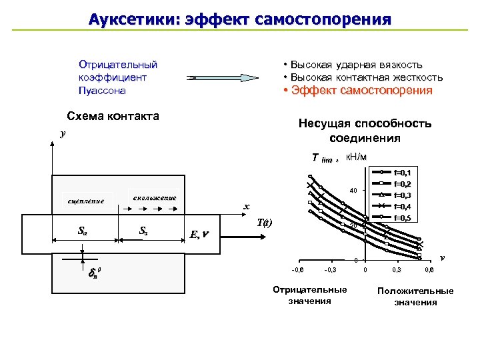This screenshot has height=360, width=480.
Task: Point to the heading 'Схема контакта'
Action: click(113, 116)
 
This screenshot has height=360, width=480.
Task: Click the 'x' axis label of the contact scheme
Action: click(246, 206)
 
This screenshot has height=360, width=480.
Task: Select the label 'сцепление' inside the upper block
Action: click(86, 201)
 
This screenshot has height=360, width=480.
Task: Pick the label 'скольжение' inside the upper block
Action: click(154, 198)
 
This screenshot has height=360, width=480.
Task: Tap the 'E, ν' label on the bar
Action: click(199, 234)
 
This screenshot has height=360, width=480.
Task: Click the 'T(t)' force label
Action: click(265, 223)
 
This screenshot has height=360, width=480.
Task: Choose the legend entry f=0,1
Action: click(403, 172)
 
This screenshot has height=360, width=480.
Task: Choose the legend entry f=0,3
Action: click(403, 195)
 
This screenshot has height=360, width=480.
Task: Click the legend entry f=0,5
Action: click(403, 217)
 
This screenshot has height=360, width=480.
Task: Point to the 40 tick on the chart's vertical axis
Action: click(353, 191)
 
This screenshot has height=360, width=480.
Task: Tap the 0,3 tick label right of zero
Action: click(397, 269)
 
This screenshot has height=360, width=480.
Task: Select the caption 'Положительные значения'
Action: click(415, 297)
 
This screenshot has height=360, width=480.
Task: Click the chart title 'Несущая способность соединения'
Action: click(365, 131)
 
